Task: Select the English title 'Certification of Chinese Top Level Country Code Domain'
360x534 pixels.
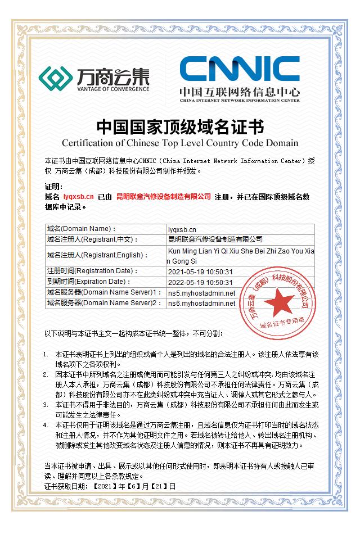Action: pos(179,142)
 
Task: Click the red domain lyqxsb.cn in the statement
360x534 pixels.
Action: pos(79,197)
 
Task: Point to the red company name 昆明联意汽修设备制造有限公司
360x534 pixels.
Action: pos(163,197)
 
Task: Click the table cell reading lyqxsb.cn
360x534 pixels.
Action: pos(182,229)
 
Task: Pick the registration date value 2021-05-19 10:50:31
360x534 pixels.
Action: pos(200,271)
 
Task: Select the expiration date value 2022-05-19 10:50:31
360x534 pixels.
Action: pos(200,282)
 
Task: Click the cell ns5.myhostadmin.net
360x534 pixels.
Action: pos(201,293)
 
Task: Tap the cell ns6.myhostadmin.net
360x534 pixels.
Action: pos(201,304)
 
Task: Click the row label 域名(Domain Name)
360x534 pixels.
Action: pos(82,229)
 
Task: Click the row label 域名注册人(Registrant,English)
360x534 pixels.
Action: pos(98,255)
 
